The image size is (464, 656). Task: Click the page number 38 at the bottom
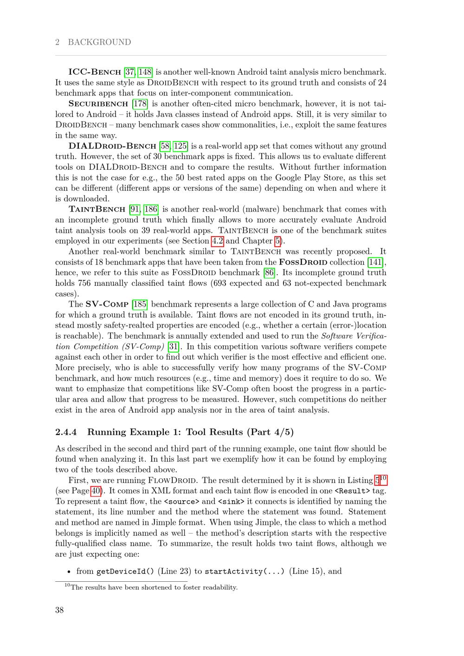59,610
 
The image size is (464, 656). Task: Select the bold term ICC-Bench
95,72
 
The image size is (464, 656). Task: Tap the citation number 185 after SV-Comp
140,304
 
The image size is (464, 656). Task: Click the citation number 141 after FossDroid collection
375,262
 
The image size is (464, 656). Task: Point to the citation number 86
269,273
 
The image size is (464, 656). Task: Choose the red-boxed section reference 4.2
217,241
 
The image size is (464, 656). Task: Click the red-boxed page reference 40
96,491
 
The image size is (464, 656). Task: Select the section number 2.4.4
66,432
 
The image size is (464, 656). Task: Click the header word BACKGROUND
99,42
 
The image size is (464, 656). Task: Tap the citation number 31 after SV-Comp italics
174,347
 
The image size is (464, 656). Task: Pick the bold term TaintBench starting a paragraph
97,209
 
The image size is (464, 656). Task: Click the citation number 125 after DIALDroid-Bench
180,146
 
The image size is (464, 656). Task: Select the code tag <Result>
352,491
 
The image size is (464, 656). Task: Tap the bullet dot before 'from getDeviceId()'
69,572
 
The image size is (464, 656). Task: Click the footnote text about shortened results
154,587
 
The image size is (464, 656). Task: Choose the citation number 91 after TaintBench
135,209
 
